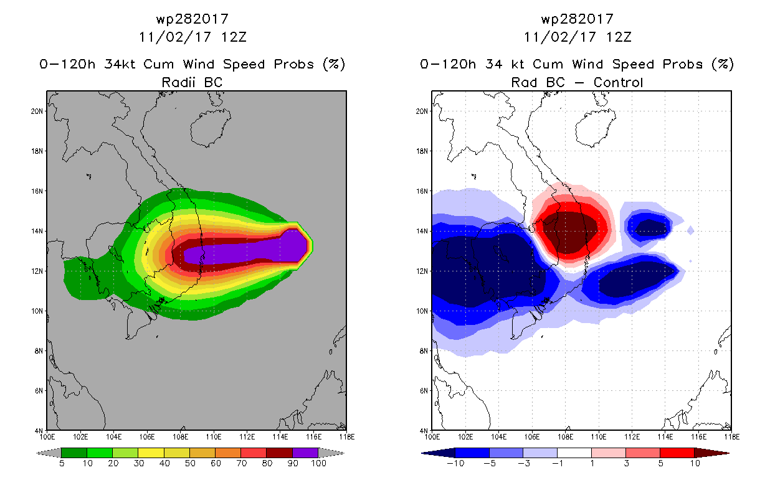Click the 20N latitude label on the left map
pyautogui.click(x=37, y=111)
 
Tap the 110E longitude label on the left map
pyautogui.click(x=214, y=437)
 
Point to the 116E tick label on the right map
pyautogui.click(x=698, y=437)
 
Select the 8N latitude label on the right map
pyautogui.click(x=423, y=351)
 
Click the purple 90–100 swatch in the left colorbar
pyautogui.click(x=305, y=453)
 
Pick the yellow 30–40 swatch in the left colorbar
pyautogui.click(x=151, y=453)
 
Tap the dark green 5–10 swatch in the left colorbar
pyautogui.click(x=74, y=453)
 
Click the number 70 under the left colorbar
pyautogui.click(x=241, y=463)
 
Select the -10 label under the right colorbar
pyautogui.click(x=455, y=463)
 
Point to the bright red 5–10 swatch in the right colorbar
pyautogui.click(x=677, y=453)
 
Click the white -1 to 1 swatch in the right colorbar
pyautogui.click(x=574, y=453)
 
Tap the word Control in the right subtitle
pyautogui.click(x=618, y=82)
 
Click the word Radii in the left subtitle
pyautogui.click(x=178, y=82)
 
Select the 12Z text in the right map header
pyautogui.click(x=619, y=37)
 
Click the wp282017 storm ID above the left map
pyautogui.click(x=192, y=19)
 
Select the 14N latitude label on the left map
pyautogui.click(x=37, y=231)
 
